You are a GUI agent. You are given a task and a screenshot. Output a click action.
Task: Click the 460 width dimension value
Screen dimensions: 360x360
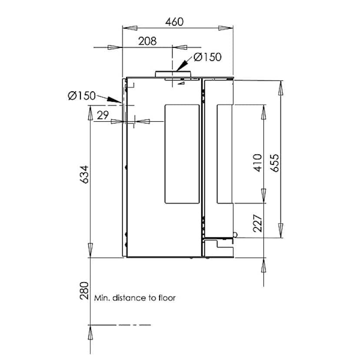pos(174,22)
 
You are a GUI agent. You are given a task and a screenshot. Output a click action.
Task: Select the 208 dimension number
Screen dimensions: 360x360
pos(147,41)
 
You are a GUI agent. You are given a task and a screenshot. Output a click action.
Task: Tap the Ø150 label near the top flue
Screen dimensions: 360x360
pos(207,57)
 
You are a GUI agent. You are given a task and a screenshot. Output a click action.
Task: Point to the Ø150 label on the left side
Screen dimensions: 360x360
pos(82,96)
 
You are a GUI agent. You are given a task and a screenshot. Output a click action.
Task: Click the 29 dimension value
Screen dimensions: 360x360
pos(103,115)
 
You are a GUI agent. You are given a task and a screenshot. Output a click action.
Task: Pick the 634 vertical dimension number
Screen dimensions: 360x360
pos(84,174)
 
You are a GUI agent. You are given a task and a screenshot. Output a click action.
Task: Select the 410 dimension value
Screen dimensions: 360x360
pos(257,163)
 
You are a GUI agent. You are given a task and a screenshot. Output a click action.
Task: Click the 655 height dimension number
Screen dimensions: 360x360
pos(274,163)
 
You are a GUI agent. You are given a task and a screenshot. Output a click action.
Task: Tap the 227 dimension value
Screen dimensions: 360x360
pos(257,223)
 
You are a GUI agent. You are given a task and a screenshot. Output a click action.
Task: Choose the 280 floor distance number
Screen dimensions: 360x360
pos(84,290)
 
